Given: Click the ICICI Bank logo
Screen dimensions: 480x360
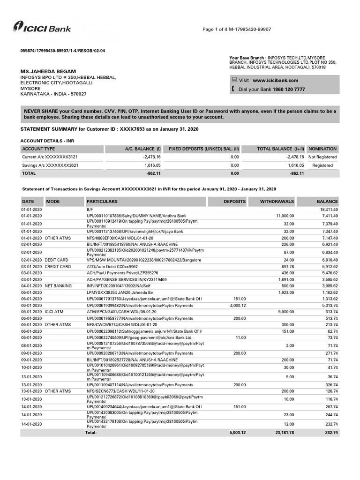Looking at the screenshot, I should pyautogui.click(x=42, y=28).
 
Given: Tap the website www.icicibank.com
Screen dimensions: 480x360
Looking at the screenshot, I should pyautogui.click(x=275, y=80).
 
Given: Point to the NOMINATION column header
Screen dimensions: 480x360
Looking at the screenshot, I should pyautogui.click(x=322, y=149).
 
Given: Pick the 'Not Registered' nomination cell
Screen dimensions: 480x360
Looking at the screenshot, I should pyautogui.click(x=322, y=157).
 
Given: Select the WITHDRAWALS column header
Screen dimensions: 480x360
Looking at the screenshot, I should pyautogui.click(x=277, y=202).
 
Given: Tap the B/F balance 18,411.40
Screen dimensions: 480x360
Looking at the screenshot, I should pyautogui.click(x=329, y=209).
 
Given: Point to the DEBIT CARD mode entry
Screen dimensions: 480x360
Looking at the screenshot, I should pyautogui.click(x=56, y=260).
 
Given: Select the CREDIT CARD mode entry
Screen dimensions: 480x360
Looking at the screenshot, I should pyautogui.click(x=58, y=266).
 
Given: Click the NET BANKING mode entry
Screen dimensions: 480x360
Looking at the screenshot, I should pyautogui.click(x=58, y=285).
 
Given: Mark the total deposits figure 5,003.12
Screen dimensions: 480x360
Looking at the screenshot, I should pyautogui.click(x=237, y=433).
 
